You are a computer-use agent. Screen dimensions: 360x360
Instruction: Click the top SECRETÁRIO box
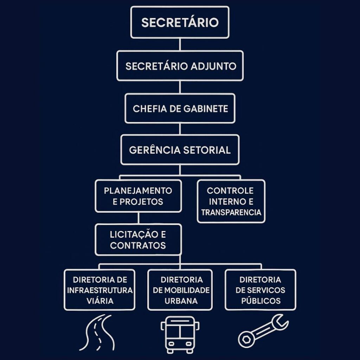[180, 22]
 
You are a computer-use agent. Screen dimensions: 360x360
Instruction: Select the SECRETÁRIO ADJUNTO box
[180, 66]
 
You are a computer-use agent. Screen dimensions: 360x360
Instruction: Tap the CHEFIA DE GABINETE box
[180, 108]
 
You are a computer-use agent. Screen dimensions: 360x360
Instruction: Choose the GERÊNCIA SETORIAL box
[180, 150]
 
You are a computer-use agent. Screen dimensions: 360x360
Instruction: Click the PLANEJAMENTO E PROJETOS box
[138, 196]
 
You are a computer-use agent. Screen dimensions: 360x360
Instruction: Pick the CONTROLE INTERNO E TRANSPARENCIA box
[231, 201]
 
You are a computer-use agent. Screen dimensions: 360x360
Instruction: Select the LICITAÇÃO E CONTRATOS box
[138, 239]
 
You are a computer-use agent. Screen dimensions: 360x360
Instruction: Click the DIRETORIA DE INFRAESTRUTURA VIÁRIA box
[99, 290]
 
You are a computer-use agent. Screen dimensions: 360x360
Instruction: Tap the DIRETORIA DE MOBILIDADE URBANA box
[180, 290]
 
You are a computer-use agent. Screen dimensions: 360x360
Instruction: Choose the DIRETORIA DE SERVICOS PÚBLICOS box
[260, 290]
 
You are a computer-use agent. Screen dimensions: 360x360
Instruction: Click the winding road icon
[97, 332]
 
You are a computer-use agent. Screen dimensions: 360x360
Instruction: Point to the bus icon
[180, 334]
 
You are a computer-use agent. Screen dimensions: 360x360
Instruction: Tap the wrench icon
[263, 330]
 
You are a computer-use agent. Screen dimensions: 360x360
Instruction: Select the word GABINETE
[206, 109]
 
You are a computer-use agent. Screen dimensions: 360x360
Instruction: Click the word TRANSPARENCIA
[231, 212]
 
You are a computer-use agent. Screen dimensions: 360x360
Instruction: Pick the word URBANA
[181, 301]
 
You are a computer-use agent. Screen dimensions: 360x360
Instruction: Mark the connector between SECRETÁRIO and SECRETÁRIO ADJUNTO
[180, 44]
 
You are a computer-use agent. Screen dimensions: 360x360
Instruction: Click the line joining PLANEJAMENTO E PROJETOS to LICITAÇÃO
[138, 218]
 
